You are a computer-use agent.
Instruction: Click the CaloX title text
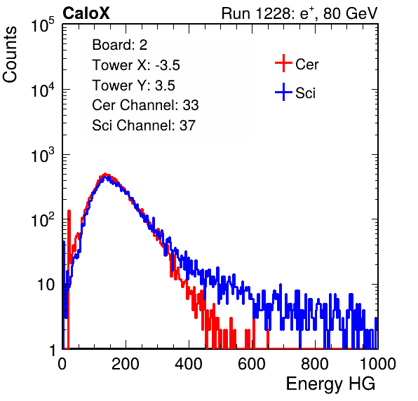[x=86, y=13]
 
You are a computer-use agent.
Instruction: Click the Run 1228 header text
[x=299, y=13]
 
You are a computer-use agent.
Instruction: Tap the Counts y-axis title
[x=10, y=55]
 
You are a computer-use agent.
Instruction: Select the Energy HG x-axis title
[x=330, y=384]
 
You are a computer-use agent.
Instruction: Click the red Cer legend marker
[x=283, y=63]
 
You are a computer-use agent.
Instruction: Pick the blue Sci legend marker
[x=283, y=93]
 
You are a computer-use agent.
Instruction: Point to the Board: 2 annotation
[x=120, y=45]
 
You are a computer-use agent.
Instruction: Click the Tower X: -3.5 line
[x=136, y=65]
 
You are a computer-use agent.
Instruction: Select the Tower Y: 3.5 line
[x=133, y=86]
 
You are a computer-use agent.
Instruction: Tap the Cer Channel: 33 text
[x=145, y=105]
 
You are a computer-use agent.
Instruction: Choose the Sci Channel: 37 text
[x=144, y=125]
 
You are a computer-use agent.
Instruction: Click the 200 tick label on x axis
[x=126, y=364]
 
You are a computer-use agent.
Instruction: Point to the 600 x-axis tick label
[x=252, y=364]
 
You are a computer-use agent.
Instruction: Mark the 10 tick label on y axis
[x=46, y=285]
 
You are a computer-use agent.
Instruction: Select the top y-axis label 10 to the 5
[x=43, y=25]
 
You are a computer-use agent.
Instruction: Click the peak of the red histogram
[x=106, y=174]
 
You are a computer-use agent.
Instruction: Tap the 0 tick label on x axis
[x=62, y=364]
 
